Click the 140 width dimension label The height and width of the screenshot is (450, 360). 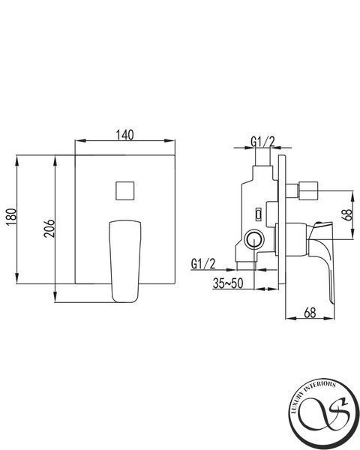pos(125,134)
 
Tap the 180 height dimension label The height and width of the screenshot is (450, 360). pos(12,217)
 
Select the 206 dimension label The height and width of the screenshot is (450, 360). pos(49,229)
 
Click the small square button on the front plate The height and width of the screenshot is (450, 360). pos(125,190)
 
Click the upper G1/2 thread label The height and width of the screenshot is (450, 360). pos(262,142)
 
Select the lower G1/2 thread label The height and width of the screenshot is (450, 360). pos(203,264)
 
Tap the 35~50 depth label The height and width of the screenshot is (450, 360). pos(228,283)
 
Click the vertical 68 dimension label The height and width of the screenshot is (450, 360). pos(347,214)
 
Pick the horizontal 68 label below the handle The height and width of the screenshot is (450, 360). pos(310,313)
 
